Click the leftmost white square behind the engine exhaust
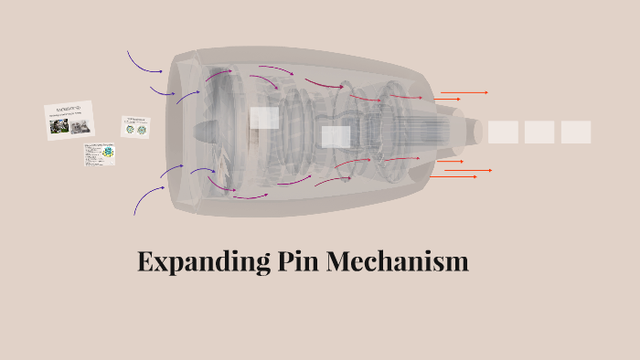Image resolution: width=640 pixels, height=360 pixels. [503, 132]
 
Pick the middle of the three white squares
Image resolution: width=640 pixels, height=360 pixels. [539, 132]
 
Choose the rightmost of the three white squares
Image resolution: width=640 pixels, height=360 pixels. [576, 132]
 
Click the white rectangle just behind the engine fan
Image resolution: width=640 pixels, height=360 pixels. [264, 118]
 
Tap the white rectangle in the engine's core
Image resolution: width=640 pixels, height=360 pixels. [336, 137]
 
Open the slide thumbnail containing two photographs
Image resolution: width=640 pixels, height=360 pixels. [69, 120]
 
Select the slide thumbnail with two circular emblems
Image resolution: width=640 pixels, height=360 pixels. [135, 127]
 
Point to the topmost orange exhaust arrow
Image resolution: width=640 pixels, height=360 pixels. [464, 92]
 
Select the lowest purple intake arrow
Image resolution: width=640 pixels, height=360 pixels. [146, 198]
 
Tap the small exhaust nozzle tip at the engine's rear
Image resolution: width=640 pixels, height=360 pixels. [476, 132]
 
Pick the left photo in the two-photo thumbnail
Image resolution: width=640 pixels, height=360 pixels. [59, 127]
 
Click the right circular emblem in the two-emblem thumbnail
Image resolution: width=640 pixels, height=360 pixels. [142, 130]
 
